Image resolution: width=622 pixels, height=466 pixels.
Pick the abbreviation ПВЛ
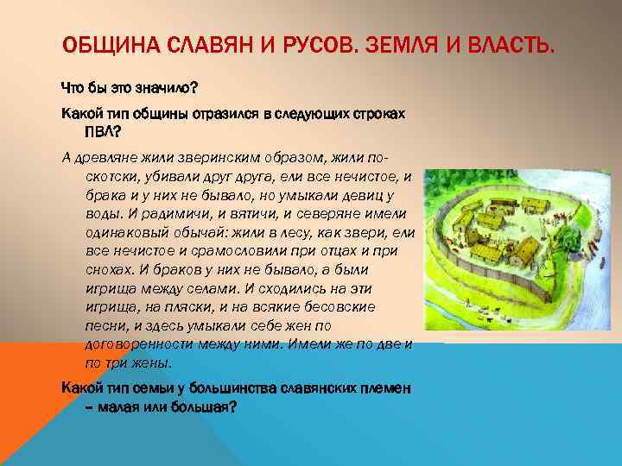(x=101, y=132)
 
